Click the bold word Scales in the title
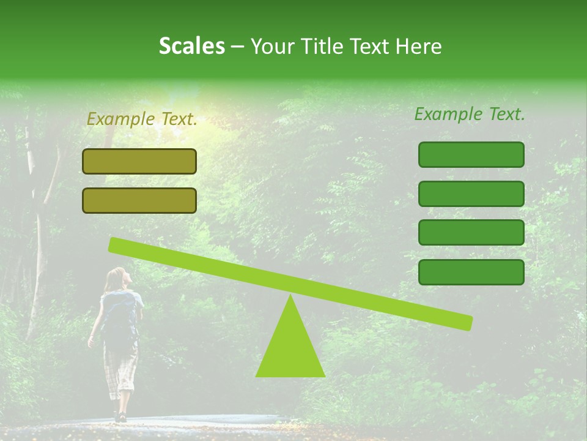[191, 46]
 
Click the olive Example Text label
[142, 119]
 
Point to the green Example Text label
[470, 114]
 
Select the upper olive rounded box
[139, 161]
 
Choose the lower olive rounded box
[139, 200]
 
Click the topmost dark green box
[471, 154]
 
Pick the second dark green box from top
[471, 194]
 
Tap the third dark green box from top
[471, 233]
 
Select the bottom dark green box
[471, 272]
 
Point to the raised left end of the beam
[116, 245]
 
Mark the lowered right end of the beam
[465, 322]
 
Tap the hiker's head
[117, 279]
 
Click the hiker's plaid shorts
[120, 367]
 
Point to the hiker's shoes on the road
[120, 417]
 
